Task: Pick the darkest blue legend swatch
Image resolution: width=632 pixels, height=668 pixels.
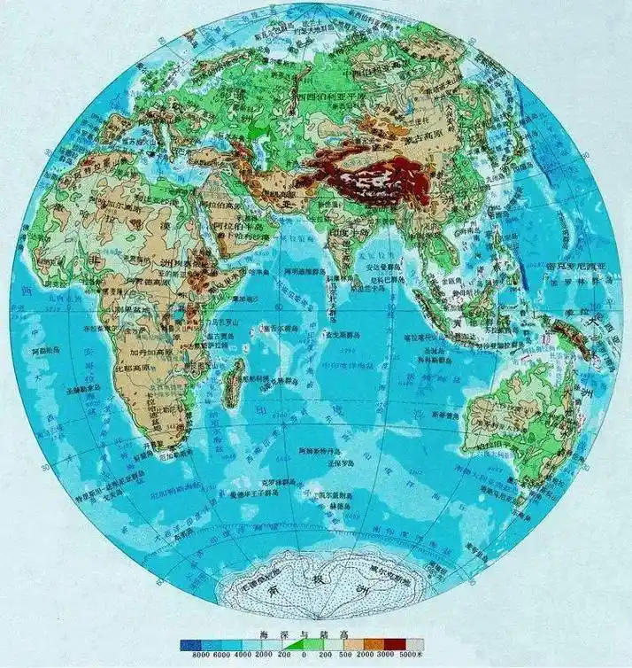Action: pos(188,645)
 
